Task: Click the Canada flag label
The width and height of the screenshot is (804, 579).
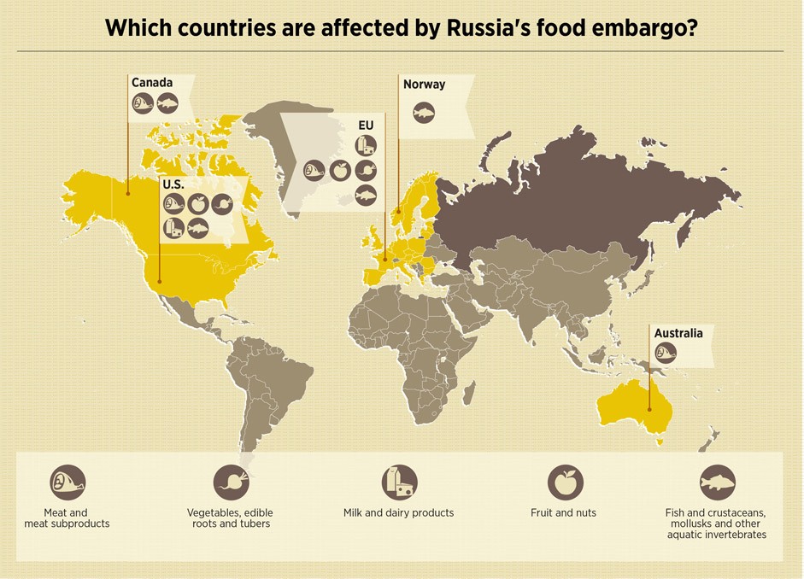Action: (152, 83)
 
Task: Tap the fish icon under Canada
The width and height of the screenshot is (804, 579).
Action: (167, 104)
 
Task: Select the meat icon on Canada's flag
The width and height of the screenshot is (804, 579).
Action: (143, 104)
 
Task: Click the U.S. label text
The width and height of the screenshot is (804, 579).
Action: (173, 184)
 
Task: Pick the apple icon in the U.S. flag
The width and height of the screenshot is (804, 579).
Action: (198, 204)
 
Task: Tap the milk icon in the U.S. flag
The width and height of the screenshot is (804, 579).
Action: (173, 228)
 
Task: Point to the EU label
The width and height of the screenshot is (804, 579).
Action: (366, 126)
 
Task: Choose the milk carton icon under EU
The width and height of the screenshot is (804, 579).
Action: (366, 145)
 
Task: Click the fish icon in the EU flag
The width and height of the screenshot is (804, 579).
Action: (366, 195)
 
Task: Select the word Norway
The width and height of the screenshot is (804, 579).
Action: (425, 84)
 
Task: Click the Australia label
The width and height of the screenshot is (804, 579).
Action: (678, 333)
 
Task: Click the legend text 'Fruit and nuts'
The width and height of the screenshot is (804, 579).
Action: (563, 512)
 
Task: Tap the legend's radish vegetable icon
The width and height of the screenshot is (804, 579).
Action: (231, 482)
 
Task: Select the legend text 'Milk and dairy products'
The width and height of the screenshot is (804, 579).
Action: (398, 512)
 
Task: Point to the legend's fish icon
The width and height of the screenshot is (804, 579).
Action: (717, 482)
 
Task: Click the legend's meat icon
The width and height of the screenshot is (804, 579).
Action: (67, 482)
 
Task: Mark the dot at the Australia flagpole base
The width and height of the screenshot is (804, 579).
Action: (649, 410)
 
